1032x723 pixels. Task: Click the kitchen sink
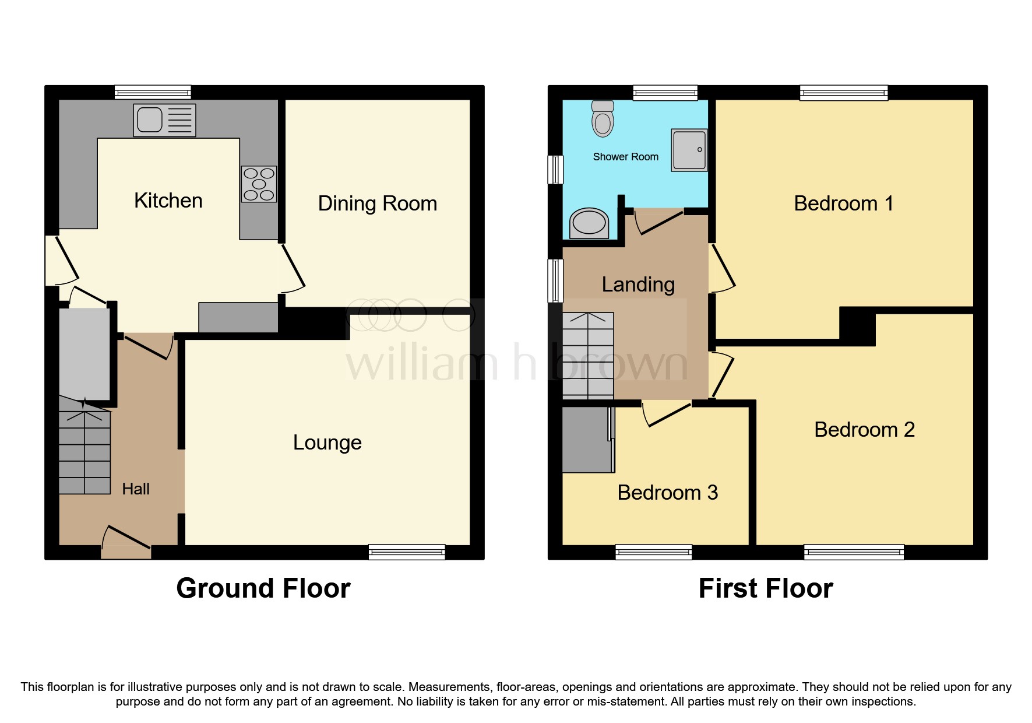tap(164, 120)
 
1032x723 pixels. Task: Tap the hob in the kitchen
tap(259, 184)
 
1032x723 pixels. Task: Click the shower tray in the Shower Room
tap(689, 150)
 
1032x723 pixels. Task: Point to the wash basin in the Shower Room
tap(589, 223)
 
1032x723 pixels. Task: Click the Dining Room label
tap(377, 203)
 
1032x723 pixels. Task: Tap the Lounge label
tap(327, 443)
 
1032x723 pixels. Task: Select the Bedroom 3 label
tap(667, 493)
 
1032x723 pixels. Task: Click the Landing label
tap(638, 285)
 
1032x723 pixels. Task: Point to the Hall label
tap(136, 489)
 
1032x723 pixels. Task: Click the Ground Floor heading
tap(263, 588)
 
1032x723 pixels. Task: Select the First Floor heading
tap(765, 588)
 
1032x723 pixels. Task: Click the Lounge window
tap(407, 552)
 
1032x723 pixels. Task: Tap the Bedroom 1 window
tap(843, 93)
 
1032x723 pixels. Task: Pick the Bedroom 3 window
tap(654, 552)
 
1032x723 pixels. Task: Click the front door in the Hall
tap(126, 539)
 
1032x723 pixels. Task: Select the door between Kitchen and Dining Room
tap(293, 269)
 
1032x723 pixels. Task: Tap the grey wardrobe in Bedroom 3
tap(585, 440)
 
